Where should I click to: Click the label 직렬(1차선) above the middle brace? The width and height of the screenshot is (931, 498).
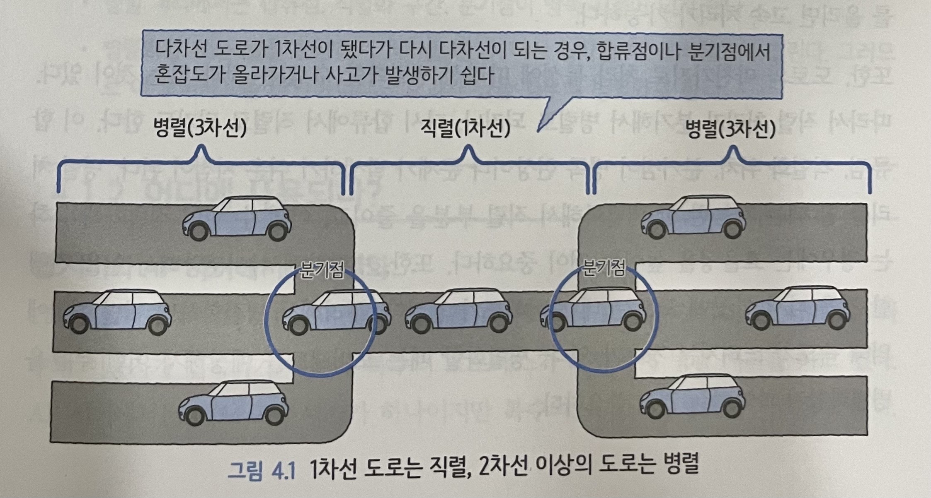[x=465, y=129]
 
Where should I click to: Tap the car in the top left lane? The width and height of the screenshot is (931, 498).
[x=237, y=218]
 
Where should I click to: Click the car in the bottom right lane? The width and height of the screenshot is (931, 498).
[x=692, y=397]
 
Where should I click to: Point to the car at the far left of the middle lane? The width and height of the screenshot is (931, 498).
[x=117, y=311]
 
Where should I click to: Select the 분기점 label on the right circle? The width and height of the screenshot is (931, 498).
[x=604, y=269]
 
